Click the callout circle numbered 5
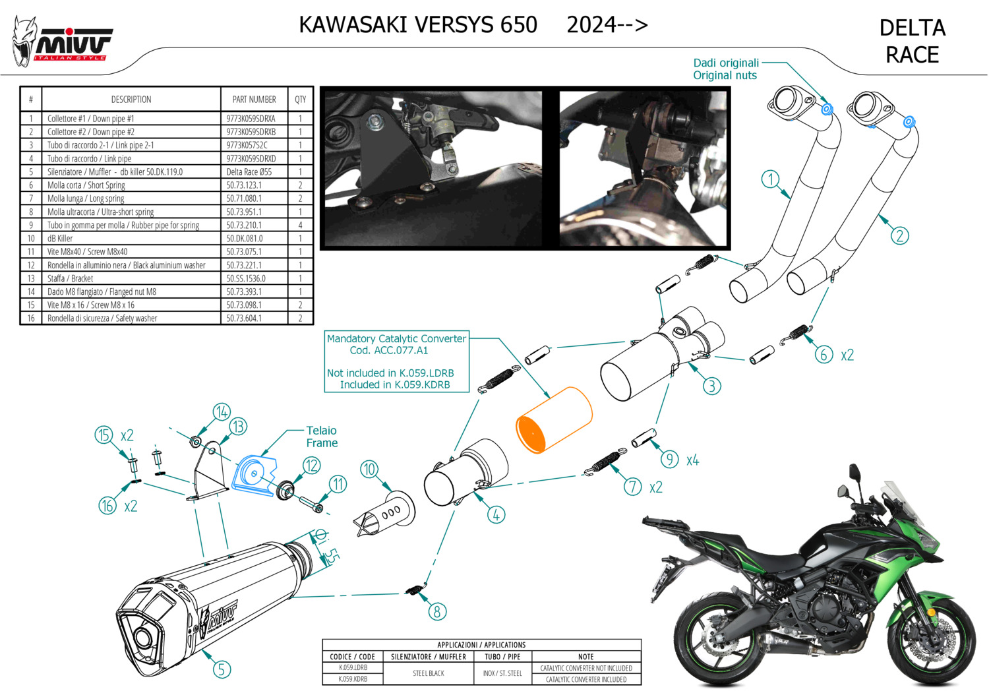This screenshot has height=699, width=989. (x=222, y=669)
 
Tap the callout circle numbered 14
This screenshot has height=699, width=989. (x=222, y=412)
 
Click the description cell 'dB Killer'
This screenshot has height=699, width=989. (x=61, y=238)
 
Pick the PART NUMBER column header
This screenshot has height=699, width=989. (x=254, y=100)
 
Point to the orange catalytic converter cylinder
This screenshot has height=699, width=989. (x=554, y=420)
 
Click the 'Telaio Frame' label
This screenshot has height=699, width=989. (x=322, y=437)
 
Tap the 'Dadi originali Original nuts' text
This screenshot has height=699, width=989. (x=725, y=69)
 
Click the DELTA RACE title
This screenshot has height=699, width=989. (x=912, y=41)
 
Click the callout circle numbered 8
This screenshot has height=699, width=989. (x=437, y=611)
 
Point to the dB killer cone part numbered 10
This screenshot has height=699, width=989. (x=386, y=511)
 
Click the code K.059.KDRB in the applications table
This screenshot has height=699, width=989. (x=353, y=679)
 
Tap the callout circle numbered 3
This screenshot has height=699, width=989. (x=711, y=386)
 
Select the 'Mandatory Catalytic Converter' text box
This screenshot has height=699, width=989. (x=396, y=361)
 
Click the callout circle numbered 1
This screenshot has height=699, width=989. (x=770, y=179)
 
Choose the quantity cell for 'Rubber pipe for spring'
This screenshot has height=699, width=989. (x=300, y=225)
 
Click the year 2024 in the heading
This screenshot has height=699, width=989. (x=591, y=24)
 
